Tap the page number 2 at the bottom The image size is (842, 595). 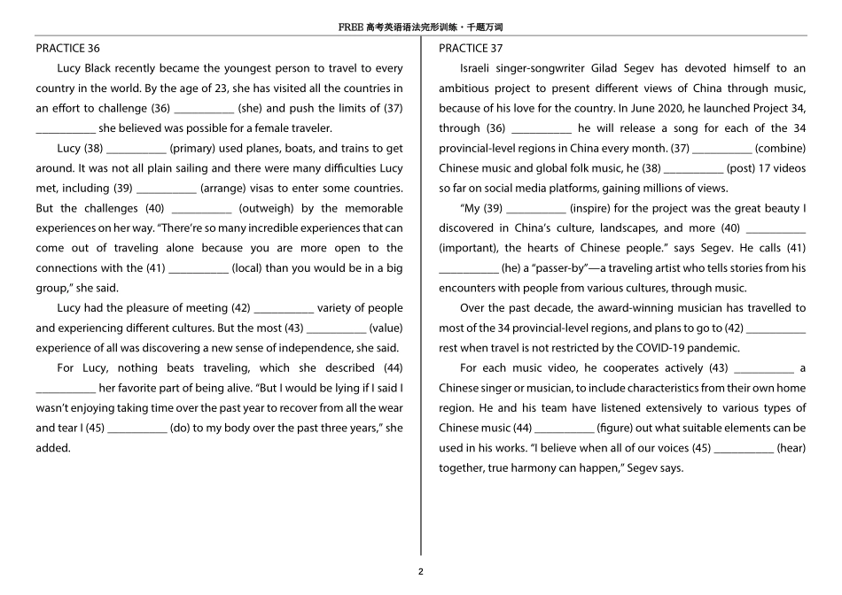click(421, 571)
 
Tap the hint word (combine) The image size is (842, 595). click(781, 148)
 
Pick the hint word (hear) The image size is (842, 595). click(791, 447)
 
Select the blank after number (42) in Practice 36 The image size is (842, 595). click(284, 308)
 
